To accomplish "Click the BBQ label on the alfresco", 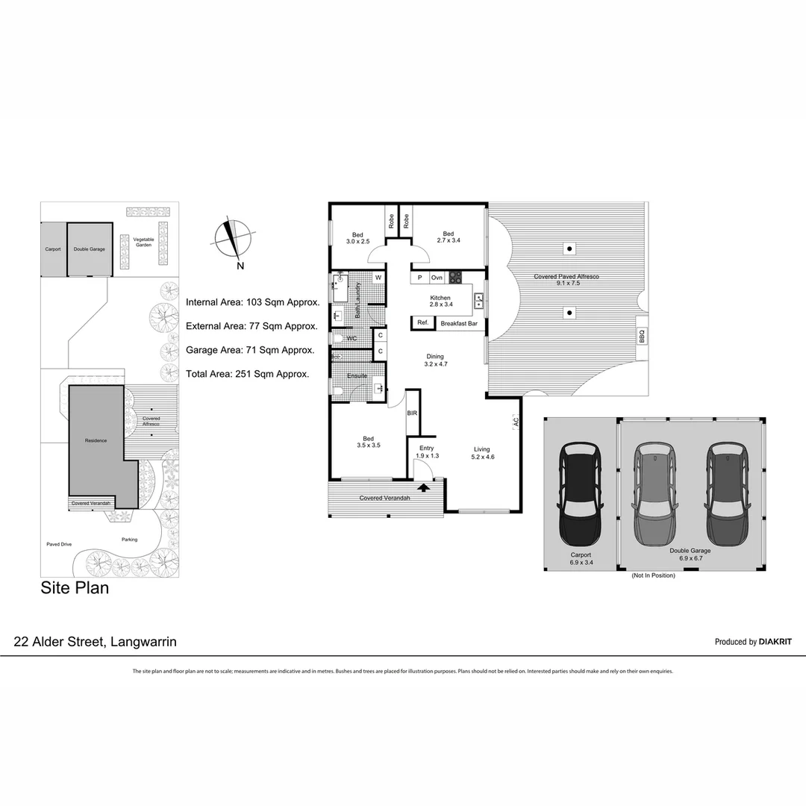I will [x=642, y=337].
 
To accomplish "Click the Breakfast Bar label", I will [x=459, y=323].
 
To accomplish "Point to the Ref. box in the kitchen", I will [x=422, y=322].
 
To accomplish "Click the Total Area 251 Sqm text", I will [x=247, y=373].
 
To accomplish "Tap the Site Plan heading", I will [x=75, y=588].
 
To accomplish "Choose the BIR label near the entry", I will [x=412, y=413].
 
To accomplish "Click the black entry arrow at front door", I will [x=424, y=487].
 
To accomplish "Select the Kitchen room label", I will [x=440, y=298].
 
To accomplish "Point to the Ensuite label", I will [x=357, y=375].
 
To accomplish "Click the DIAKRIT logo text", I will [x=775, y=642].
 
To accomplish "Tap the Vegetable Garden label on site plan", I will [x=144, y=242].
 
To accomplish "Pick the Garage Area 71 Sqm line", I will [x=250, y=349].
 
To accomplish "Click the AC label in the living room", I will [x=516, y=422].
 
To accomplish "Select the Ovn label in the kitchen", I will [x=437, y=278].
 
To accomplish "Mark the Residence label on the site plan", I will [x=96, y=440].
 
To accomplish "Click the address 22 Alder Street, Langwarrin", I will [x=96, y=642].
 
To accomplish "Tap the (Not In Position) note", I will [x=653, y=575].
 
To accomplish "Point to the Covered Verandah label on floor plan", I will [x=384, y=498].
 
